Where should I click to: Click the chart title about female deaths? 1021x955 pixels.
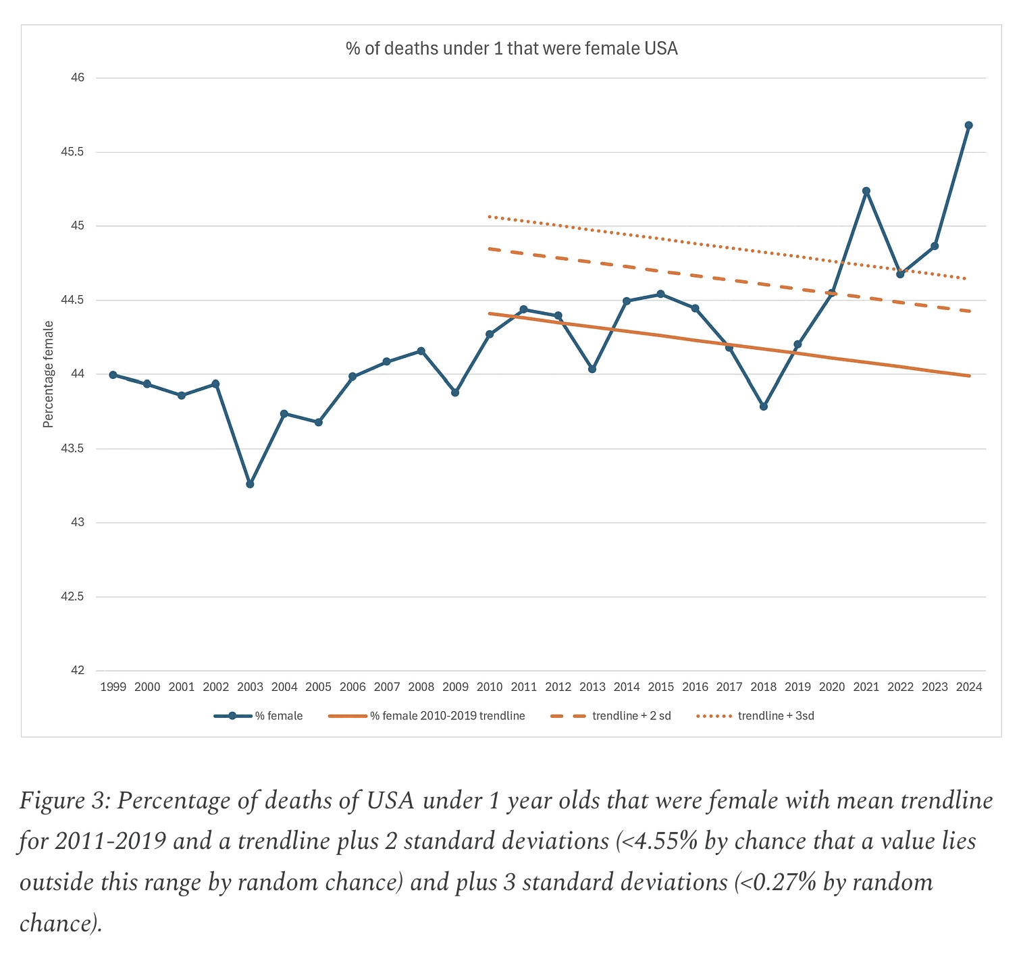pos(511,49)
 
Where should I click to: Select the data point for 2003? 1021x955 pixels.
pos(250,484)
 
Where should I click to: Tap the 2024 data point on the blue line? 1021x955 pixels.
pos(968,125)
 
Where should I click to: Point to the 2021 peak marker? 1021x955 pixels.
pos(866,191)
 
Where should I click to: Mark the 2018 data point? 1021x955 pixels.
pos(763,407)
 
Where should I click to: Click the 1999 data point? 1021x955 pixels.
pos(113,375)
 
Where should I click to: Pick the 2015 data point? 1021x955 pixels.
pos(660,294)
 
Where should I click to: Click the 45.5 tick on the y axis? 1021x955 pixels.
pos(72,152)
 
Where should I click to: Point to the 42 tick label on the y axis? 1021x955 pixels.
pos(78,671)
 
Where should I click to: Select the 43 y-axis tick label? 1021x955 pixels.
pos(78,523)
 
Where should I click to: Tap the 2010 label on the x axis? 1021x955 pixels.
pos(490,688)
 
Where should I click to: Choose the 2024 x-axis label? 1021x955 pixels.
pos(969,688)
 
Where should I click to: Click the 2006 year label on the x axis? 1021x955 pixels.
pos(352,688)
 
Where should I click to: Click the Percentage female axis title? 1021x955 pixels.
pos(48,374)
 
